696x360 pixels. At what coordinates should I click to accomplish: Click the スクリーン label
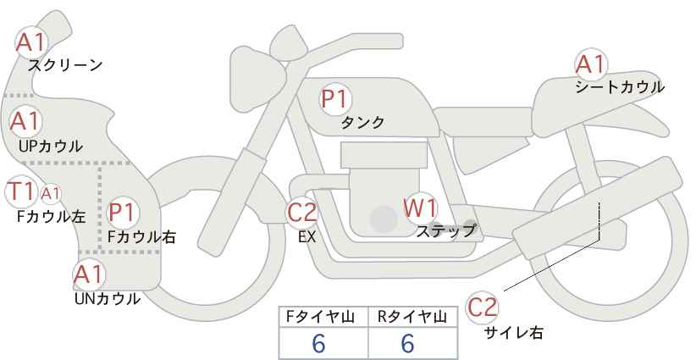click(x=64, y=64)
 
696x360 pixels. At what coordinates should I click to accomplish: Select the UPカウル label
click(x=51, y=146)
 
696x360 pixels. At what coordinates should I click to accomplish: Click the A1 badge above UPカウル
click(x=25, y=122)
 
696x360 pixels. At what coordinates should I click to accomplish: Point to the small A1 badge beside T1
click(x=50, y=193)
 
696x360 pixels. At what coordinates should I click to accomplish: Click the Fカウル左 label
click(x=51, y=216)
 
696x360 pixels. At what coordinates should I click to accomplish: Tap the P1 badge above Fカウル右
click(x=123, y=211)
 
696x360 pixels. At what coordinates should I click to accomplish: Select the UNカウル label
click(x=107, y=298)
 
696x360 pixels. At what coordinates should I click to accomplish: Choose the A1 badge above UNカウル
click(x=88, y=274)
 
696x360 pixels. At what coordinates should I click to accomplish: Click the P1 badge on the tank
click(x=335, y=99)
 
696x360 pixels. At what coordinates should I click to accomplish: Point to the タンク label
click(x=362, y=123)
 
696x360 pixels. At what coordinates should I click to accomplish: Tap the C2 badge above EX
click(x=301, y=213)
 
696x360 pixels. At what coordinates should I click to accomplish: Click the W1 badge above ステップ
click(x=420, y=208)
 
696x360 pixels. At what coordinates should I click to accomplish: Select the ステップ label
click(x=446, y=230)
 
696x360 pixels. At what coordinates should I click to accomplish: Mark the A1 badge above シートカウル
click(x=590, y=64)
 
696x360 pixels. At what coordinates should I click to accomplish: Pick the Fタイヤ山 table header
click(x=323, y=318)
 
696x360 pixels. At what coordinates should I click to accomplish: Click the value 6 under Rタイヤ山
click(x=406, y=343)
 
